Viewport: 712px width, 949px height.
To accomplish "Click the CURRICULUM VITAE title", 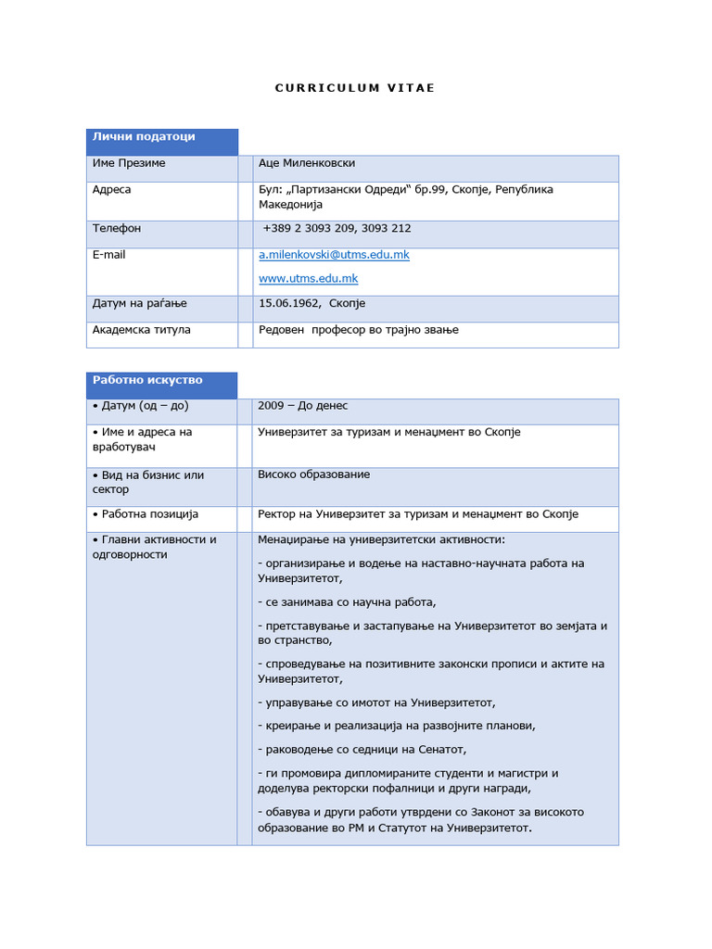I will coord(355,88).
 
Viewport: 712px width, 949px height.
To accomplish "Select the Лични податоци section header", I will coord(144,136).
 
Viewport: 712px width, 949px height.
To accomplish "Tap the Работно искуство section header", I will coord(147,380).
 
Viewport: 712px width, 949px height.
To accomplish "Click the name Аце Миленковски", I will coord(306,163).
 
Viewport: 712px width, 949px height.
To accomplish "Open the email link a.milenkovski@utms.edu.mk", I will coord(334,255).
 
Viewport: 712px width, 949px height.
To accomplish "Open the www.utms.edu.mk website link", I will coord(308,278).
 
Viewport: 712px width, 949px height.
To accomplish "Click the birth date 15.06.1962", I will coord(289,303).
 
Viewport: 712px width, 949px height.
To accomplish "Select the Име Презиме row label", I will coord(129,163).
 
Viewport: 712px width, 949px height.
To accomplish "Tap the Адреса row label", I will coord(112,189).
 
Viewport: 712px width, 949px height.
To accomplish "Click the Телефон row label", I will coord(117,228).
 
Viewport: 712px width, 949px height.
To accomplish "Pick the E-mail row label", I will coord(108,254).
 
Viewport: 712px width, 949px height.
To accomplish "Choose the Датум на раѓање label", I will coord(140,303).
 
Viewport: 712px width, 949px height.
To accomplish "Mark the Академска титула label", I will coord(142,329).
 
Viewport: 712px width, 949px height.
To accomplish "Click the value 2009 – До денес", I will coord(302,406).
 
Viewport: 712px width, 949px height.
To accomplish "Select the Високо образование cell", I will coord(313,474).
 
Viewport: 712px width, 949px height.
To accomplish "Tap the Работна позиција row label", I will coord(146,513).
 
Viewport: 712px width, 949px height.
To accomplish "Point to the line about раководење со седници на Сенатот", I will coord(362,749).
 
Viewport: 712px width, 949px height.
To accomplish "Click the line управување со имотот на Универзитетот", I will coord(376,702).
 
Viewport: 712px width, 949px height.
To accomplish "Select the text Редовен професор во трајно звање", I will coord(358,329).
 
